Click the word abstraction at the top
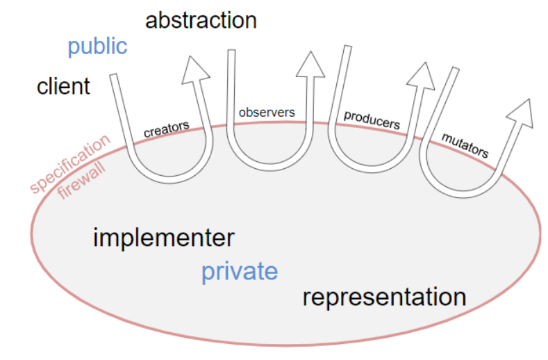[x=201, y=20]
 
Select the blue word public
[x=97, y=47]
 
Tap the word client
[x=63, y=87]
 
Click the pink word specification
[x=69, y=164]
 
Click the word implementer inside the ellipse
[x=164, y=238]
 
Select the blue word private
[x=240, y=271]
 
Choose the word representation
[x=384, y=297]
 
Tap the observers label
[x=266, y=111]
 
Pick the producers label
[x=372, y=120]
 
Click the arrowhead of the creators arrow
[x=197, y=70]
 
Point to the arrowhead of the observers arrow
[x=309, y=63]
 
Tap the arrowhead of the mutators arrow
[x=520, y=113]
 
